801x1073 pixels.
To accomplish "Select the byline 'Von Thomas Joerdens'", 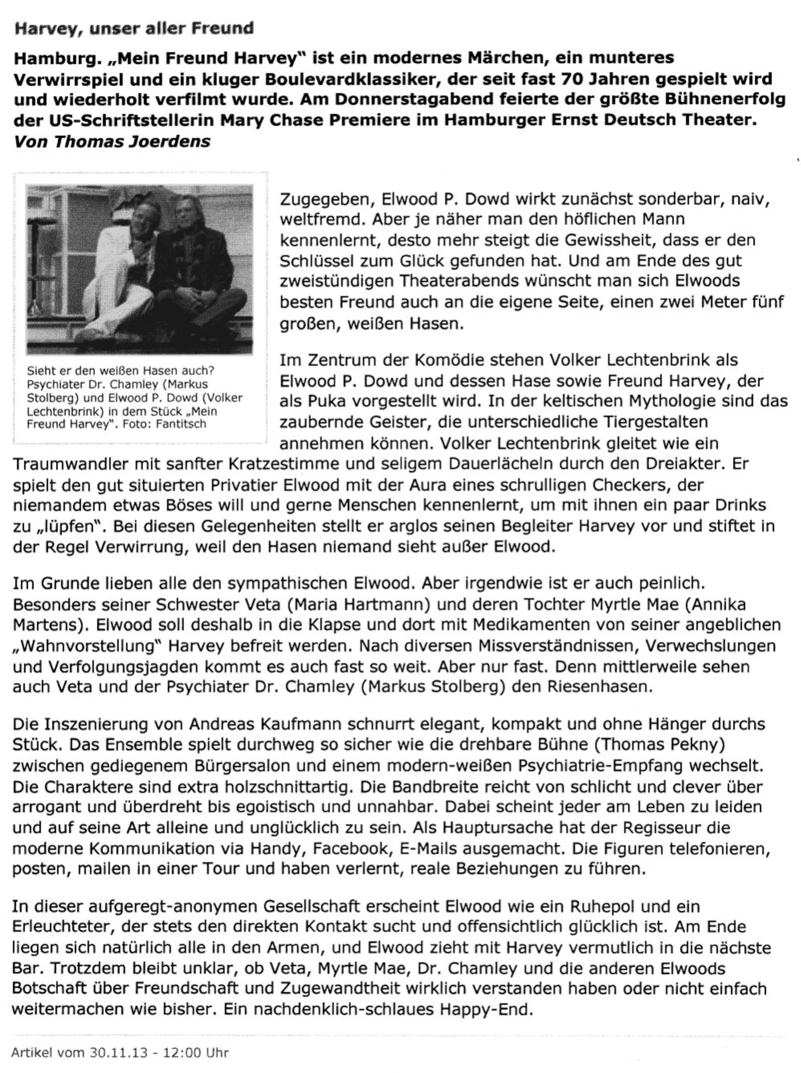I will tap(112, 142).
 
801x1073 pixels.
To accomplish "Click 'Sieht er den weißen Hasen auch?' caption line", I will tap(120, 371).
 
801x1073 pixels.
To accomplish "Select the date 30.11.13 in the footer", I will tap(118, 1053).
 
